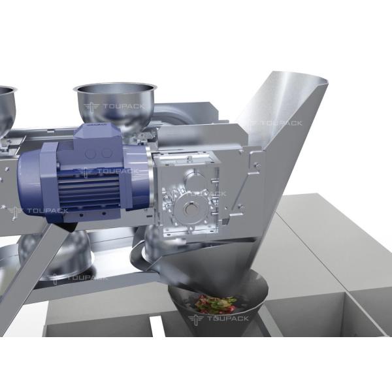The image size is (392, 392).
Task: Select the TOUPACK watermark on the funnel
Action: coord(218,319)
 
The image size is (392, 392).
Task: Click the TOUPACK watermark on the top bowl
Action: coord(114,106)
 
